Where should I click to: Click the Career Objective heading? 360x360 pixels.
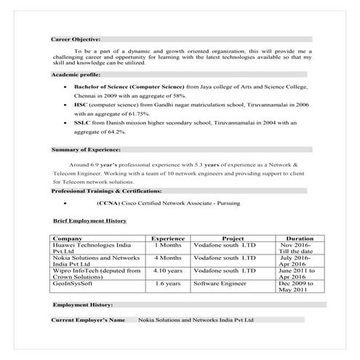click(76, 39)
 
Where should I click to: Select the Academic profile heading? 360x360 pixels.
click(76, 75)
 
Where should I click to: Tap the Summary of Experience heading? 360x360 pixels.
click(86, 149)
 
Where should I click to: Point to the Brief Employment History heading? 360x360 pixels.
click(89, 219)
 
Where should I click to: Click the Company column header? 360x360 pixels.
click(68, 238)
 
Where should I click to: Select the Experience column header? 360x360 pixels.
click(167, 238)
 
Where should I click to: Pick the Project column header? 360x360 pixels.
click(232, 238)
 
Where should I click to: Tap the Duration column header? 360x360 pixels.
click(300, 238)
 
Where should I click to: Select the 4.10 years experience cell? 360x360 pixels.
click(168, 270)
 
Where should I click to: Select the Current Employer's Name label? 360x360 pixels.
click(88, 319)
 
